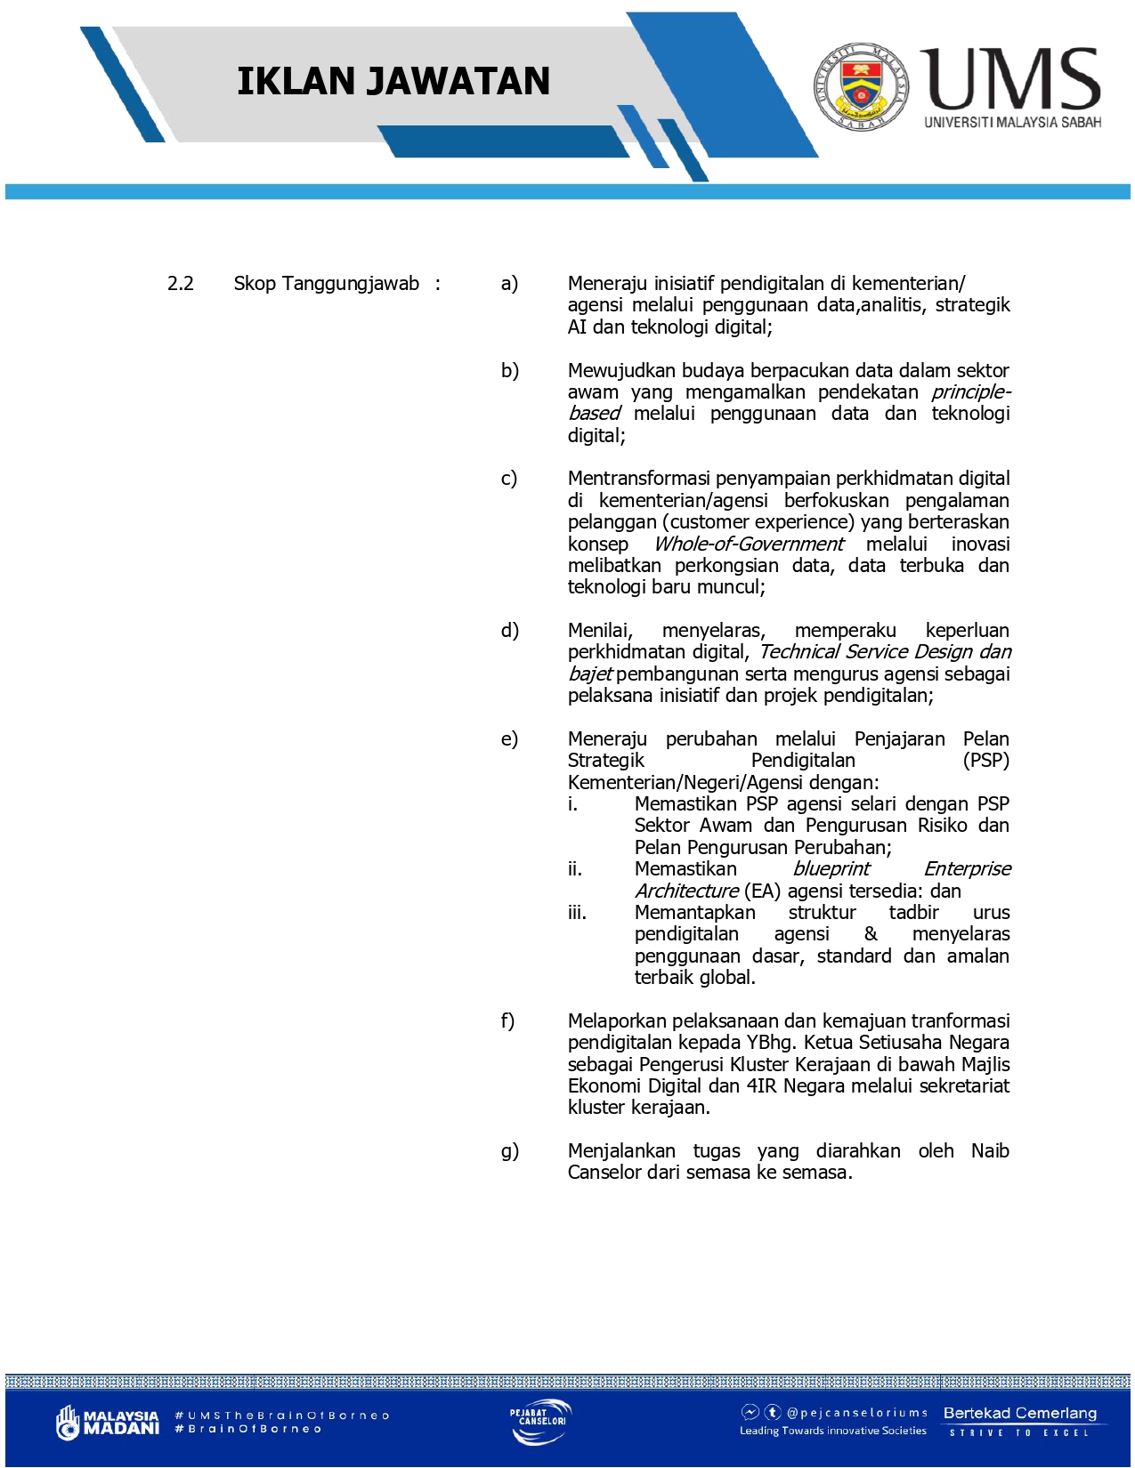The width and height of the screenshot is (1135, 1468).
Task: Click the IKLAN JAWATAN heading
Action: pyautogui.click(x=393, y=81)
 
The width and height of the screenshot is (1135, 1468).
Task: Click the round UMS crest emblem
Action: pyautogui.click(x=862, y=86)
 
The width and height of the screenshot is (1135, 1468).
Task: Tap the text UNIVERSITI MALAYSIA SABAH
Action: pyautogui.click(x=1012, y=122)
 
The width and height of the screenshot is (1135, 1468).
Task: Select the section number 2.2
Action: pyautogui.click(x=180, y=284)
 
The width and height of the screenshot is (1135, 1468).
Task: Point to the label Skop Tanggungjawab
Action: pyautogui.click(x=326, y=284)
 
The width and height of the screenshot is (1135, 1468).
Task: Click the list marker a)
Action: pyautogui.click(x=509, y=284)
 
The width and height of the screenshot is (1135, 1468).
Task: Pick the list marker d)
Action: pyautogui.click(x=509, y=631)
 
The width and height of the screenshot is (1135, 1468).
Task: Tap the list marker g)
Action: pyautogui.click(x=509, y=1151)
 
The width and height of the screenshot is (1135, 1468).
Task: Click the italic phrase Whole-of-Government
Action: pyautogui.click(x=749, y=544)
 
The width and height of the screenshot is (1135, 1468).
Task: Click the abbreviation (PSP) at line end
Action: pyautogui.click(x=985, y=761)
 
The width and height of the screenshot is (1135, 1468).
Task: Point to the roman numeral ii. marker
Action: pyautogui.click(x=575, y=869)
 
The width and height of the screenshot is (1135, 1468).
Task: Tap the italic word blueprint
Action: pyautogui.click(x=831, y=869)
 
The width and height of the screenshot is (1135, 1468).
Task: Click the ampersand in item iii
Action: pyautogui.click(x=871, y=934)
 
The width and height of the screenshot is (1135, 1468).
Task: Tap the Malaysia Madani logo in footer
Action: pyautogui.click(x=108, y=1422)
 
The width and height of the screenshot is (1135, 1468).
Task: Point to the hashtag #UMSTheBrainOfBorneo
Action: pyautogui.click(x=282, y=1415)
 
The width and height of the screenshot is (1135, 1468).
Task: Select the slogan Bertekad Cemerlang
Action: pyautogui.click(x=1019, y=1413)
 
